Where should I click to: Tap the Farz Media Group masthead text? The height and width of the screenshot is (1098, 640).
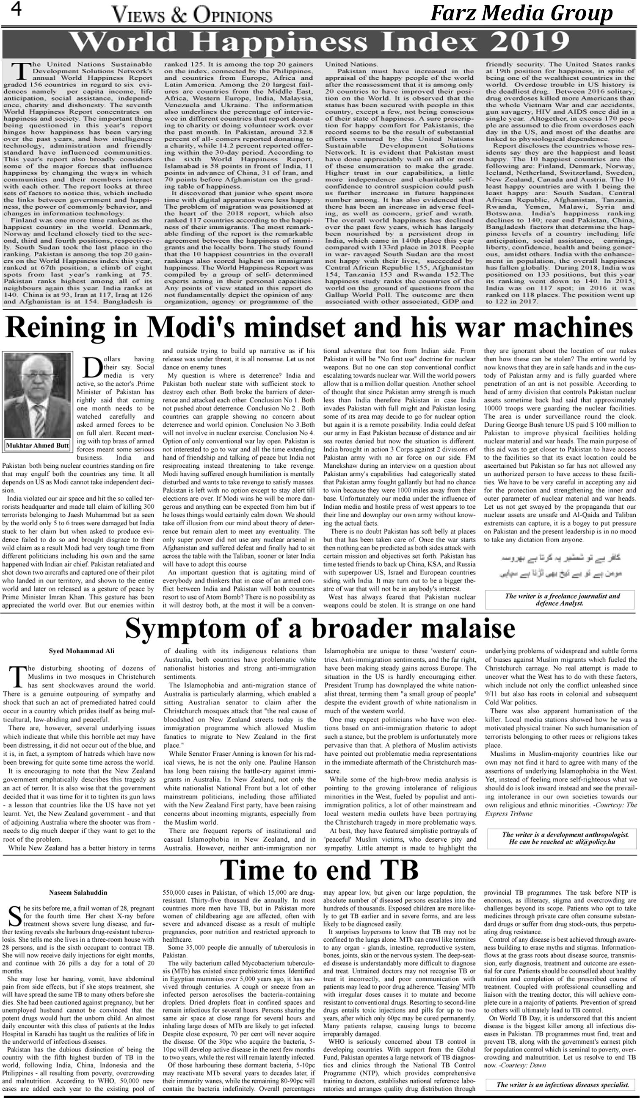[x=521, y=14]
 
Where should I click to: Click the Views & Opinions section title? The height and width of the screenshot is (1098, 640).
[x=192, y=16]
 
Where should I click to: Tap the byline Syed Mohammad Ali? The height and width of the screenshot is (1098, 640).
[x=82, y=651]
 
